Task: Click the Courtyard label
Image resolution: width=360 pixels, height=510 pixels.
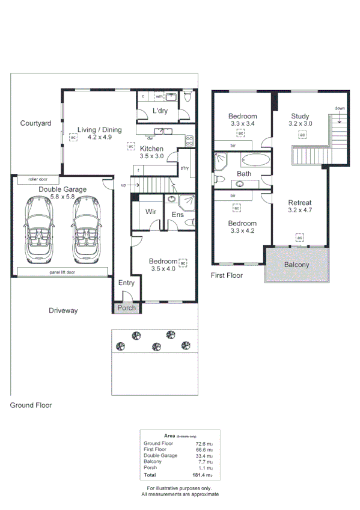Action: pyautogui.click(x=35, y=123)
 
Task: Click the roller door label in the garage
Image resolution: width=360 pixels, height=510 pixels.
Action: pyautogui.click(x=29, y=179)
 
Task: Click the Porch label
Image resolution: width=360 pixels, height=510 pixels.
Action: pyautogui.click(x=126, y=309)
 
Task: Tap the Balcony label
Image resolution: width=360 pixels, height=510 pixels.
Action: pyautogui.click(x=297, y=265)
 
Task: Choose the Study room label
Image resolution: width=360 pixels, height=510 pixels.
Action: pyautogui.click(x=300, y=116)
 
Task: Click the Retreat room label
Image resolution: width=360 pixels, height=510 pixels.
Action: pyautogui.click(x=299, y=202)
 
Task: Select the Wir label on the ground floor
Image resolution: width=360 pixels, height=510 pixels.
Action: pyautogui.click(x=151, y=211)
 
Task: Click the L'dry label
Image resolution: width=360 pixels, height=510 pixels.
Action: pyautogui.click(x=160, y=111)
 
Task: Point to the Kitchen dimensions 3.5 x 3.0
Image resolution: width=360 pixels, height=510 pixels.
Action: pyautogui.click(x=151, y=156)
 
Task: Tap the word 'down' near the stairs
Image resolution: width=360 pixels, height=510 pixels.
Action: pyautogui.click(x=340, y=108)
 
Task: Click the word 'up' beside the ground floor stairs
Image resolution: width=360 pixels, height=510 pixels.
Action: pyautogui.click(x=124, y=185)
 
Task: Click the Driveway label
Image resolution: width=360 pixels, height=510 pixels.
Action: pyautogui.click(x=63, y=311)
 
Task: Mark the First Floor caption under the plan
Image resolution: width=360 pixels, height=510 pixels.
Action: pyautogui.click(x=227, y=275)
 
